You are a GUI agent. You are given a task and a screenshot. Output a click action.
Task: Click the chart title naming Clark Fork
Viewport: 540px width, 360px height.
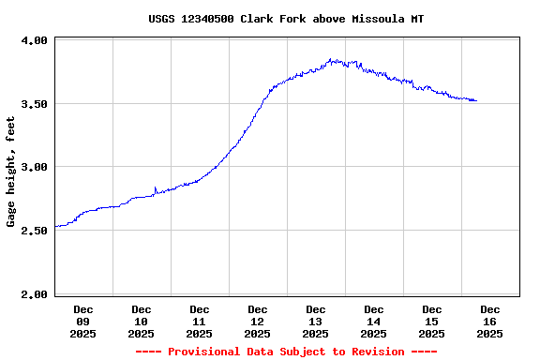tap(286, 19)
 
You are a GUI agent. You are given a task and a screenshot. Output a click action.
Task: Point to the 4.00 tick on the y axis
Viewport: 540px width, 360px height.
tap(34, 41)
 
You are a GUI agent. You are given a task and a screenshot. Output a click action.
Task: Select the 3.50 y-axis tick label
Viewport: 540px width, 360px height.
tap(34, 104)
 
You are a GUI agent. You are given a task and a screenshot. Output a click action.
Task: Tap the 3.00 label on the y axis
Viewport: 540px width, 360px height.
tap(34, 168)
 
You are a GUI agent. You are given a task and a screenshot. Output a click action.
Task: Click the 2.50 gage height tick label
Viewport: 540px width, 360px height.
tap(34, 231)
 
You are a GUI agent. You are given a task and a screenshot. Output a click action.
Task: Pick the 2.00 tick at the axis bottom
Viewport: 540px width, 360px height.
tap(34, 294)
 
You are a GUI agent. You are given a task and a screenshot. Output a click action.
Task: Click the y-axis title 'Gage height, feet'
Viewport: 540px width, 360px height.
tap(11, 172)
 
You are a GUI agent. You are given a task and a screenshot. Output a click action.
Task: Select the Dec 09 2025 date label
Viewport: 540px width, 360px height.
tap(82, 321)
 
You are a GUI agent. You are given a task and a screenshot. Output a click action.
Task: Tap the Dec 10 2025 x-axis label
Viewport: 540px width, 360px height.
tap(141, 321)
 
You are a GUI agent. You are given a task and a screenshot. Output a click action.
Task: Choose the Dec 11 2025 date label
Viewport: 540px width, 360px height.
tap(199, 321)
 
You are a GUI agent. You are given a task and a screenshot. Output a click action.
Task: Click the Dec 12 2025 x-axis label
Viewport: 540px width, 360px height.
tap(257, 321)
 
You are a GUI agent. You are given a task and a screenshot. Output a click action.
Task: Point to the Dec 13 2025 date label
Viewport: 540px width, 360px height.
tap(315, 321)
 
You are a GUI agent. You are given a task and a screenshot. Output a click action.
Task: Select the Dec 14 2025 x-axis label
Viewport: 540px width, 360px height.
tap(373, 321)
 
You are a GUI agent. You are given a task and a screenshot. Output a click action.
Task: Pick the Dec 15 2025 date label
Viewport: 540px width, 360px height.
tap(431, 321)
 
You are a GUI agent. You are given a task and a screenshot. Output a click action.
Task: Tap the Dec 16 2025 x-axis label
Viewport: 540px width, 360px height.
tap(489, 321)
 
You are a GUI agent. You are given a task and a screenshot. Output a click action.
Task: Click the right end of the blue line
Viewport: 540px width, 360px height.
tap(476, 100)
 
